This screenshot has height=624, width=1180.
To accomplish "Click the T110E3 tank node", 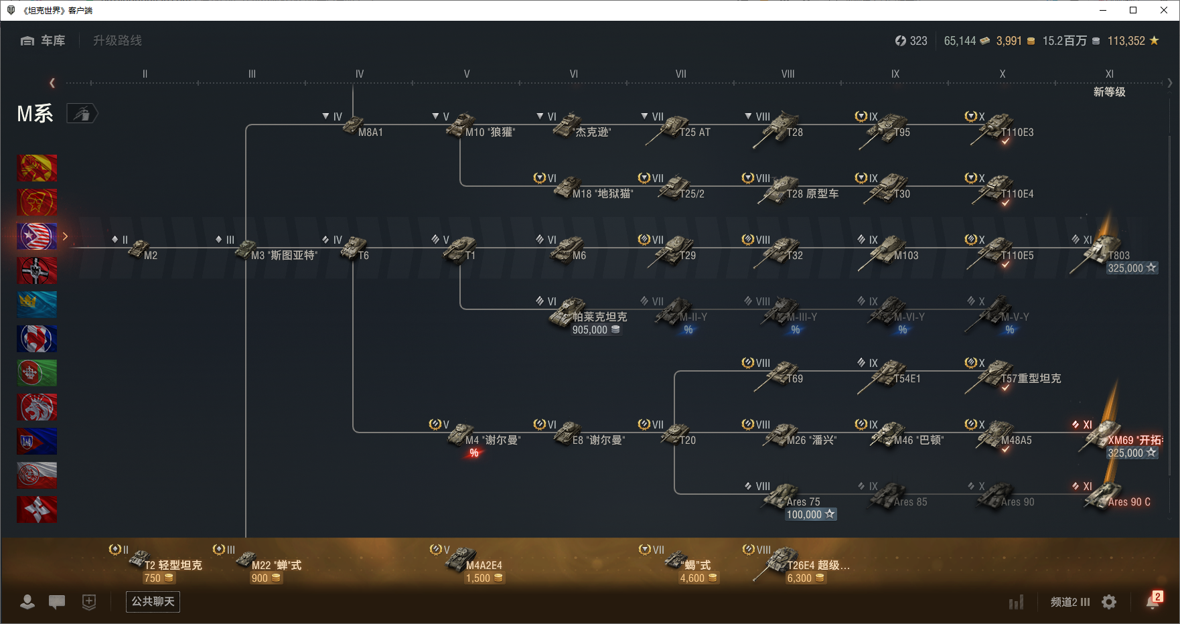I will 998,127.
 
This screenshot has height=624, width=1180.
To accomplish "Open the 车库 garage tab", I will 44,41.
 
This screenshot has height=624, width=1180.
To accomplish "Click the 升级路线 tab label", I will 117,41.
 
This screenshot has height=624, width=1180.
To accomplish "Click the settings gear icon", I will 1109,602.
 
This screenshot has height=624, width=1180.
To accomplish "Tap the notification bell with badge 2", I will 1153,601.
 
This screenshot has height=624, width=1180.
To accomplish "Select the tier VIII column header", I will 788,74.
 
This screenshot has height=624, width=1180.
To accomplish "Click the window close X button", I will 1164,10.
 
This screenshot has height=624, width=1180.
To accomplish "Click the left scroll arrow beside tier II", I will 52,83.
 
